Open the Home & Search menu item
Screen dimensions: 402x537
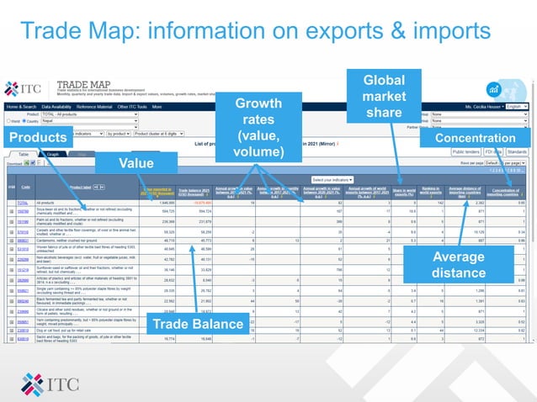pyautogui.click(x=22, y=108)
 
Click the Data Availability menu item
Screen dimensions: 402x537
pyautogui.click(x=56, y=108)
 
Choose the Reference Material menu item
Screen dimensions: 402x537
pyautogui.click(x=94, y=108)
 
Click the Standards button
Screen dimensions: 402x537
pyautogui.click(x=518, y=151)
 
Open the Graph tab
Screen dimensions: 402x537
pyautogui.click(x=52, y=156)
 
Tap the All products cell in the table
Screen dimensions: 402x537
pyautogui.click(x=58, y=203)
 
